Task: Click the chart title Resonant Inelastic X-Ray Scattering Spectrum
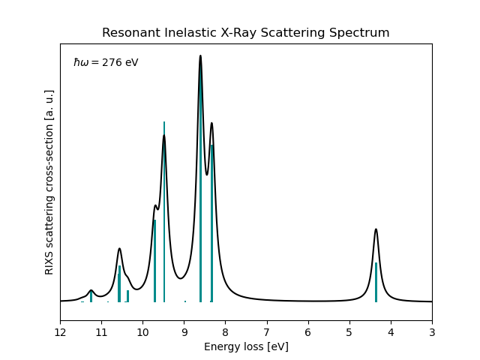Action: (245, 33)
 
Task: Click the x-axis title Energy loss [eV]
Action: (246, 346)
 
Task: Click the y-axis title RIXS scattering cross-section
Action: (49, 182)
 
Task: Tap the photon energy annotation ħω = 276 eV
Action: (106, 63)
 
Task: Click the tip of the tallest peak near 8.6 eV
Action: (200, 56)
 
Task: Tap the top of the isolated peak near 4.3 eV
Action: (376, 229)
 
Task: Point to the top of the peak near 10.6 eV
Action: (119, 248)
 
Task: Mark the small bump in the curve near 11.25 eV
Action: (91, 290)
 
